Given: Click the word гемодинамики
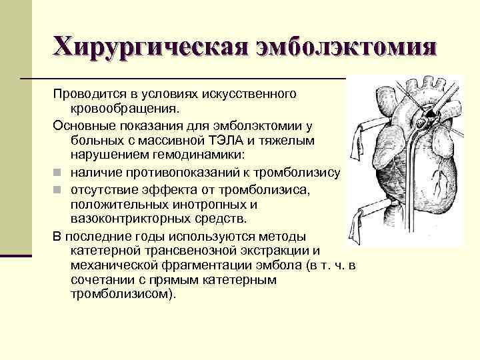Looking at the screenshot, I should coord(207,156).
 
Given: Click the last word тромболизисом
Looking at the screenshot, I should coord(123,295).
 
